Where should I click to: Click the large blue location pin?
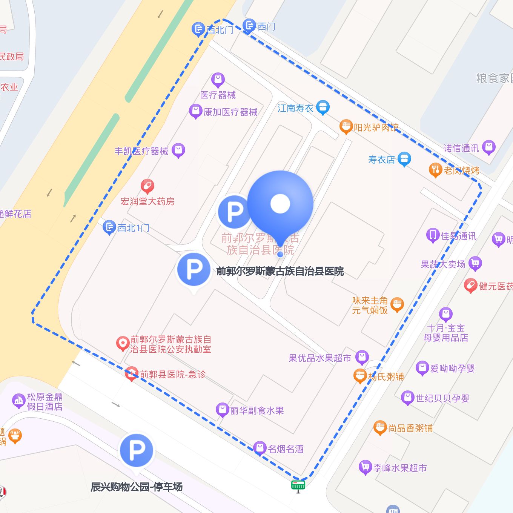point(280,204)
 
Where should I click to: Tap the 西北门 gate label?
point(220,30)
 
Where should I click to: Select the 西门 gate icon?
point(249,25)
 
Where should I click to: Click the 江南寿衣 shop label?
point(295,108)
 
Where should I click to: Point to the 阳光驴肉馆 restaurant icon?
point(346,127)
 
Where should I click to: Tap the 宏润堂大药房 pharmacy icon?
point(147,186)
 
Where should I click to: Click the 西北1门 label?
point(133,228)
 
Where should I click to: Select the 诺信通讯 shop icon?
point(488,147)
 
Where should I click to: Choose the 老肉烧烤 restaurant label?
point(461,170)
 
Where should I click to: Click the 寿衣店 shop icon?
point(404,159)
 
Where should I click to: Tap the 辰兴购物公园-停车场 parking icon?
point(137,450)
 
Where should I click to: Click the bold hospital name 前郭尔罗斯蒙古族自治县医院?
point(280,271)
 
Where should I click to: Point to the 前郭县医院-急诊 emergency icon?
point(131,373)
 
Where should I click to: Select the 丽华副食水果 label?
point(257,410)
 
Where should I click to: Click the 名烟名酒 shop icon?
point(260,448)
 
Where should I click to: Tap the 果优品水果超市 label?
point(320,358)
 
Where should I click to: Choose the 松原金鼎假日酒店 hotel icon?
point(18,401)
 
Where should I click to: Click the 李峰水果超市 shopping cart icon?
point(365,467)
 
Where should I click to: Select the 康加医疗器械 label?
point(230,112)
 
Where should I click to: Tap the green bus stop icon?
point(298,485)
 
